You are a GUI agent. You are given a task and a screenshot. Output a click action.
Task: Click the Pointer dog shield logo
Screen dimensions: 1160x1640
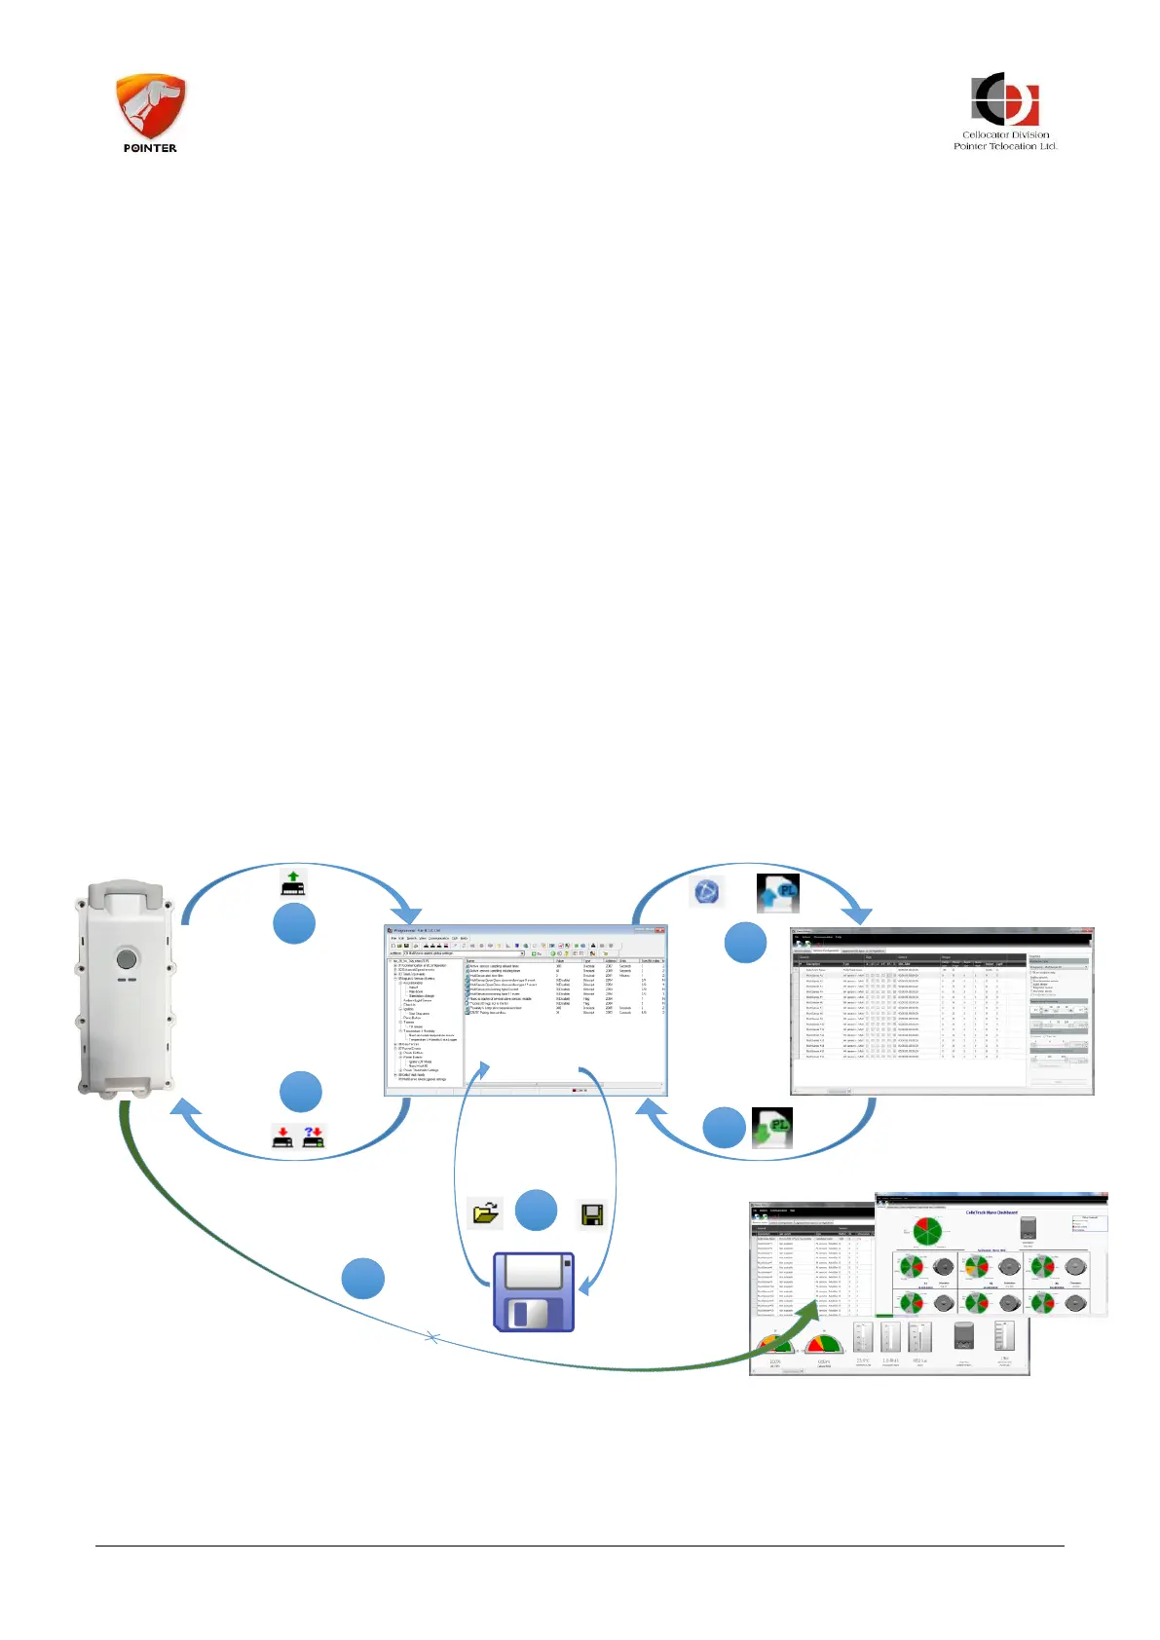click(x=150, y=105)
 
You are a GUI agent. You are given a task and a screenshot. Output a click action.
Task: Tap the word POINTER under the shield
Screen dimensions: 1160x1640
click(x=150, y=148)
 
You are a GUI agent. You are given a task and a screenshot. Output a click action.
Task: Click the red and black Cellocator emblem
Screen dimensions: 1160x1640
click(x=1005, y=98)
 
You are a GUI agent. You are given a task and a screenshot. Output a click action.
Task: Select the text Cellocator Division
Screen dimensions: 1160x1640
click(x=1005, y=134)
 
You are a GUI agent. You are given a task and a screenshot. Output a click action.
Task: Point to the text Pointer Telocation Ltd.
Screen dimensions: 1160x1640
click(x=1005, y=146)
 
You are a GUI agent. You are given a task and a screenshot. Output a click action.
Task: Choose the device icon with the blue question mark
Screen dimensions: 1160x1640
click(x=314, y=1137)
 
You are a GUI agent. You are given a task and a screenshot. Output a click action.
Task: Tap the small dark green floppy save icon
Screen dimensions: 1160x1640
click(x=591, y=1214)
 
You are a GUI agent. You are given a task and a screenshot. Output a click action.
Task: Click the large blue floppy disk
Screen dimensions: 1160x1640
click(x=534, y=1292)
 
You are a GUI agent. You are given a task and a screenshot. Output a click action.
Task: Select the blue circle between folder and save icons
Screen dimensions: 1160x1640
click(x=536, y=1211)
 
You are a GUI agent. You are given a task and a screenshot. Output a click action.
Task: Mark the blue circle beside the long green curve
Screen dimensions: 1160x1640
click(x=363, y=1279)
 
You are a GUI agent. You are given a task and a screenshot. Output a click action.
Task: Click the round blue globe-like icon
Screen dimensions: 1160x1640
click(x=706, y=891)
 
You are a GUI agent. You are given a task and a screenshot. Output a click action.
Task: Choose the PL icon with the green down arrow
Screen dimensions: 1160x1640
click(x=772, y=1129)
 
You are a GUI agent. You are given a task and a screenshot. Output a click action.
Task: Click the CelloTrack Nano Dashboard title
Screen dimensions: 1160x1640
click(x=992, y=1212)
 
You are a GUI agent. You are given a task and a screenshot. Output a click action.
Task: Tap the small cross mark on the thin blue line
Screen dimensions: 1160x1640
click(x=433, y=1339)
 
